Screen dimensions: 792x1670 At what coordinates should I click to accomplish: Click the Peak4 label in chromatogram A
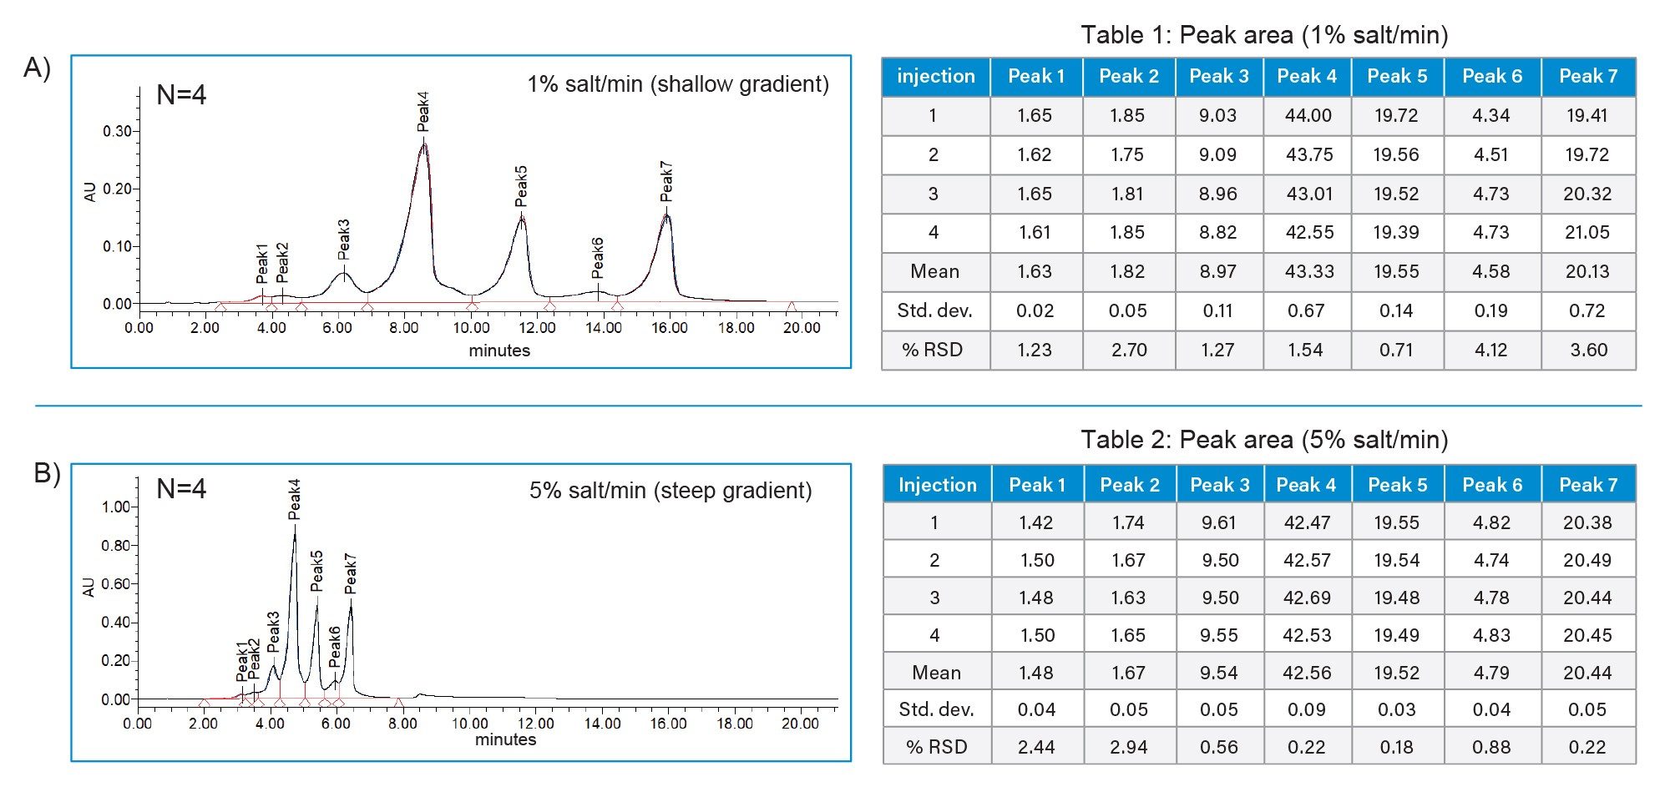click(423, 112)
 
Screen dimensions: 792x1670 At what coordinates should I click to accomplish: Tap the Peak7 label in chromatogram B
click(350, 573)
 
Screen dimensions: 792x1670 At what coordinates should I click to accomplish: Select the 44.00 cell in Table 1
click(1308, 116)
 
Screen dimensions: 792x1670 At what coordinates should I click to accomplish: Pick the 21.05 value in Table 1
click(1586, 233)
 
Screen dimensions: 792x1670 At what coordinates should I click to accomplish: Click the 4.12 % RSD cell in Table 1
click(1490, 350)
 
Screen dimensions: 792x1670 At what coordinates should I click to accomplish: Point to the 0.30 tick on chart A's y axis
click(117, 131)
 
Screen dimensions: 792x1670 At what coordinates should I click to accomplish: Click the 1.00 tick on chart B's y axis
click(116, 507)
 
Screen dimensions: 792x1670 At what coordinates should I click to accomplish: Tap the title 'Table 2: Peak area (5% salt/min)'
click(1264, 440)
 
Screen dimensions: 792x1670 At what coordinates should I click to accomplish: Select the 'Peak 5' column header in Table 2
click(1397, 485)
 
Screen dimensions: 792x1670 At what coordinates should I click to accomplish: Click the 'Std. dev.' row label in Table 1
click(934, 311)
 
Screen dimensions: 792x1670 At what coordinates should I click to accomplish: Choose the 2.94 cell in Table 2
click(1128, 747)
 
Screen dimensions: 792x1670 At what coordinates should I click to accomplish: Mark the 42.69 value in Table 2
click(1307, 598)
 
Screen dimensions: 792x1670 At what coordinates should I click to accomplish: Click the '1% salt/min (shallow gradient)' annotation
click(677, 84)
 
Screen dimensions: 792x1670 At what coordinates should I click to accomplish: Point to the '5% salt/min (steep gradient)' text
click(671, 490)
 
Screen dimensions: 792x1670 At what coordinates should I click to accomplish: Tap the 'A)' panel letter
click(38, 68)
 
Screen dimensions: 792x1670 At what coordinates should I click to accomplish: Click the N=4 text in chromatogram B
click(181, 488)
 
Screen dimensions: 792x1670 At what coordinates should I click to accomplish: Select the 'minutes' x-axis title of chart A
click(499, 351)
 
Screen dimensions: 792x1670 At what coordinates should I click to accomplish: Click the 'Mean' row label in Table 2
click(936, 673)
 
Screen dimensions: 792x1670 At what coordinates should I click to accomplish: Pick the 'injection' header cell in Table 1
click(935, 77)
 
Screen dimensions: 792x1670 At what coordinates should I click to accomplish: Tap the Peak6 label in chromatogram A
click(597, 258)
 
